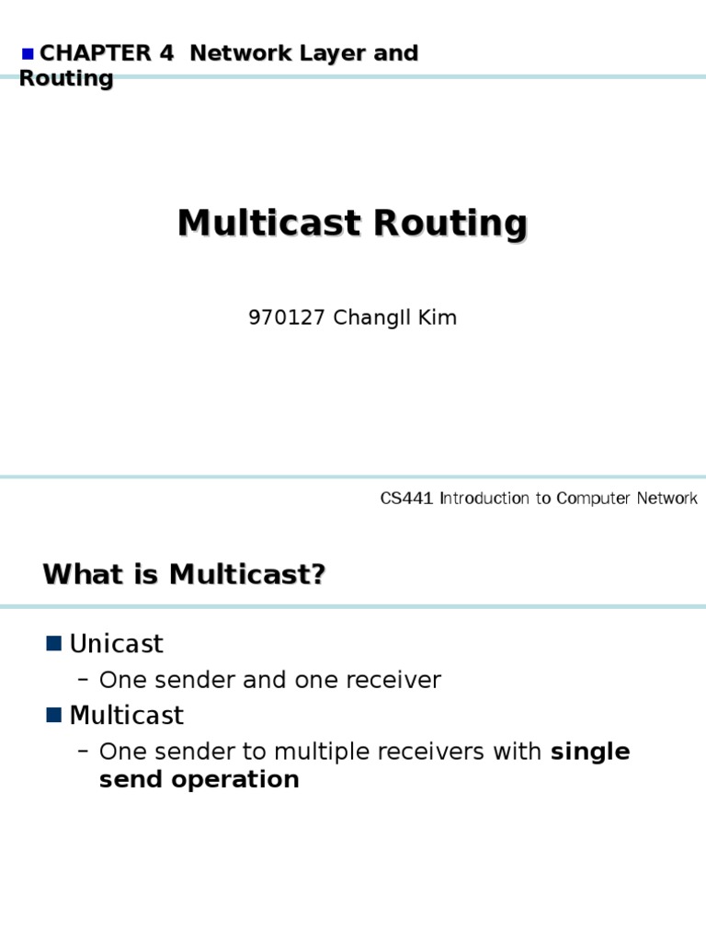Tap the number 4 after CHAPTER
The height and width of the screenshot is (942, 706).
pos(166,53)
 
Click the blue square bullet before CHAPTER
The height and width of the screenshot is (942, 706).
pos(28,54)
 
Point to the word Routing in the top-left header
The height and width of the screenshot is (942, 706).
pos(65,79)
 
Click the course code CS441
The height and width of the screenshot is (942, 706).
pos(407,499)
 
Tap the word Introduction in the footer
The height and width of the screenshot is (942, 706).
pos(487,499)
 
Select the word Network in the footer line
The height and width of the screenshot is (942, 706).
pos(661,499)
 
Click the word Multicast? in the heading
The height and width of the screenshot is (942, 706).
pos(247,575)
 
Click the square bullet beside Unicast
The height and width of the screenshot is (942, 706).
pos(53,643)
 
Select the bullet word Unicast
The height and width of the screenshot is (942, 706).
pos(117,644)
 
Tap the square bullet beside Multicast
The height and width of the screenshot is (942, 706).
pos(53,715)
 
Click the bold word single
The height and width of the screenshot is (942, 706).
pos(590,752)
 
